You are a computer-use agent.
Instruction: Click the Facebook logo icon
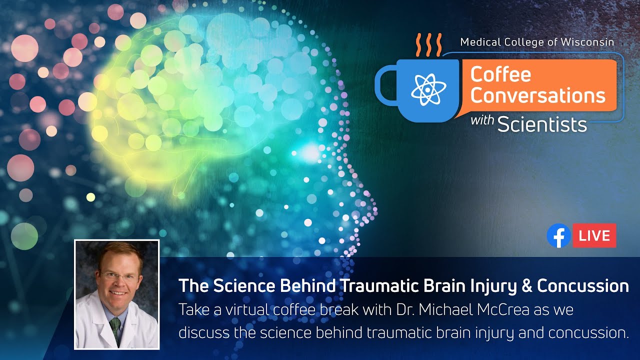pyautogui.click(x=558, y=235)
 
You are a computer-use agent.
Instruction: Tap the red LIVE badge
pyautogui.click(x=594, y=235)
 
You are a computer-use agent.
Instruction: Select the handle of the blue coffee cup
pyautogui.click(x=384, y=84)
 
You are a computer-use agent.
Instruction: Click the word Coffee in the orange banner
pyautogui.click(x=500, y=75)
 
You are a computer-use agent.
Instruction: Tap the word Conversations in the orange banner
pyautogui.click(x=537, y=95)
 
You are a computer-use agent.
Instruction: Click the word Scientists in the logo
pyautogui.click(x=542, y=124)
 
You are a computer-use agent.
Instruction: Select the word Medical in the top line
pyautogui.click(x=479, y=42)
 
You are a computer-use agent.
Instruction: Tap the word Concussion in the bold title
pyautogui.click(x=583, y=286)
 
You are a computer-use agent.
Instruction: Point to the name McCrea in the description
pyautogui.click(x=500, y=310)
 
